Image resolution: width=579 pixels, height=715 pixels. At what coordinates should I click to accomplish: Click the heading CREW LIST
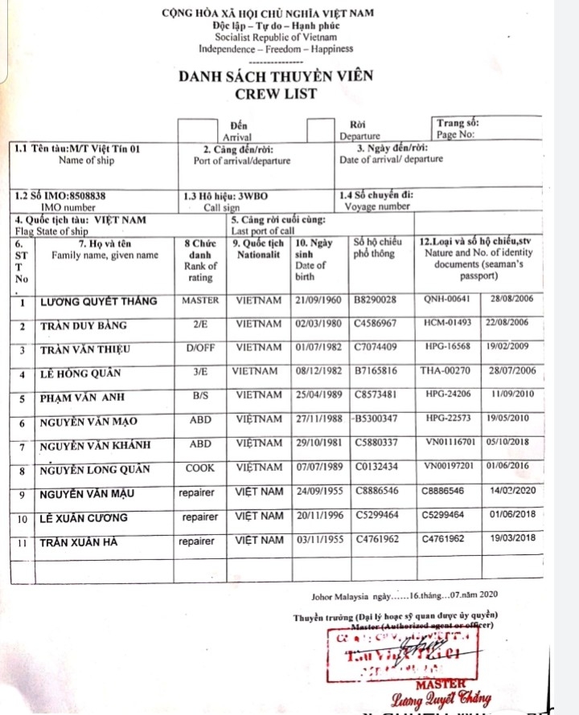[276, 93]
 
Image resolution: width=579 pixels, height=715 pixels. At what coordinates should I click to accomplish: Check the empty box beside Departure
[321, 131]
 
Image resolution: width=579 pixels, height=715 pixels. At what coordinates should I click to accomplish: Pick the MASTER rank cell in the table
[200, 301]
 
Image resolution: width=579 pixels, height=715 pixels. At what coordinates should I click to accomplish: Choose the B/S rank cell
[200, 397]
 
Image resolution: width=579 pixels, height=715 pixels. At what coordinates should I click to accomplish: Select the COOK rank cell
[200, 468]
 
